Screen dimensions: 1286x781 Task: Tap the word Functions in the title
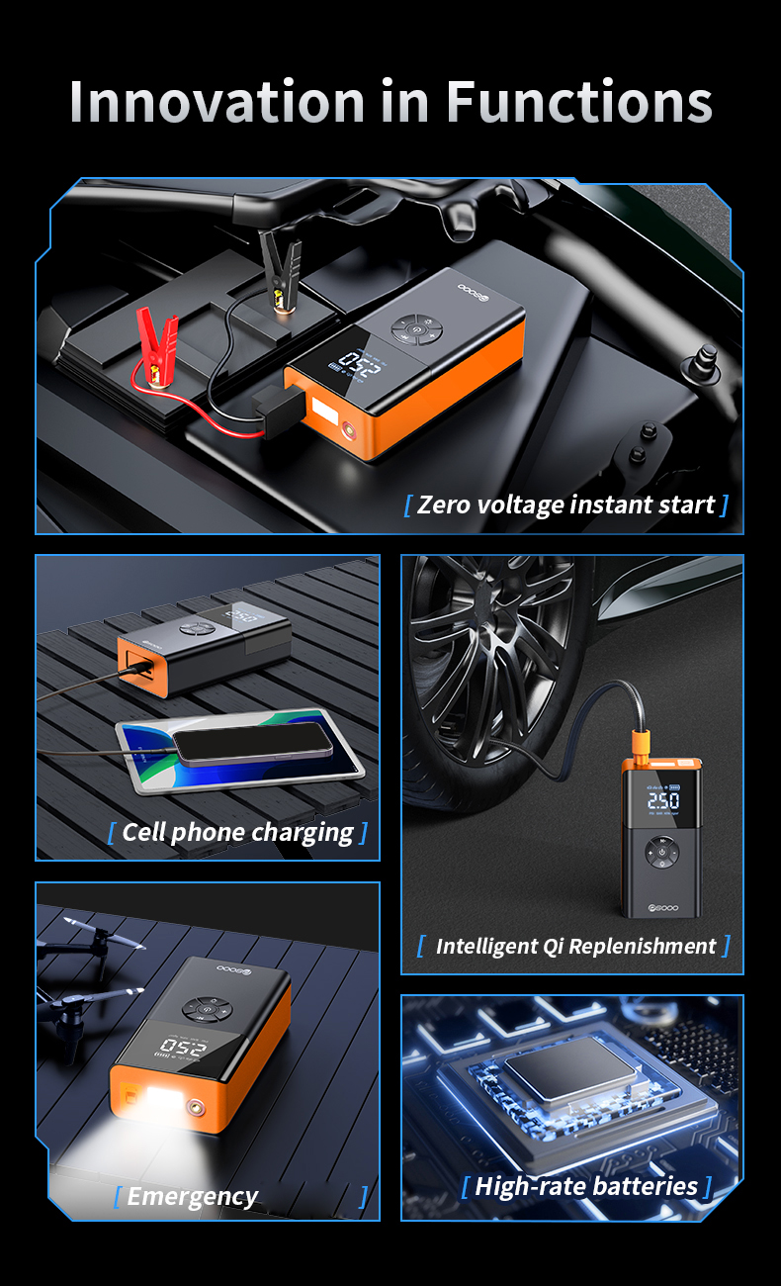click(578, 101)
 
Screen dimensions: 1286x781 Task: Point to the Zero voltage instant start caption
click(565, 505)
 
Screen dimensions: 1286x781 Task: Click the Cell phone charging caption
click(237, 832)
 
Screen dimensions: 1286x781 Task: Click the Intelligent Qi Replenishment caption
click(574, 946)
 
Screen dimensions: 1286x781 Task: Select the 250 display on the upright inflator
click(662, 799)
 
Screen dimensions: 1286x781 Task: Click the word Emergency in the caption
click(192, 1197)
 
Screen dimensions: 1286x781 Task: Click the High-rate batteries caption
click(586, 1186)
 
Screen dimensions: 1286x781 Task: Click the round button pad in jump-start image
click(417, 327)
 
